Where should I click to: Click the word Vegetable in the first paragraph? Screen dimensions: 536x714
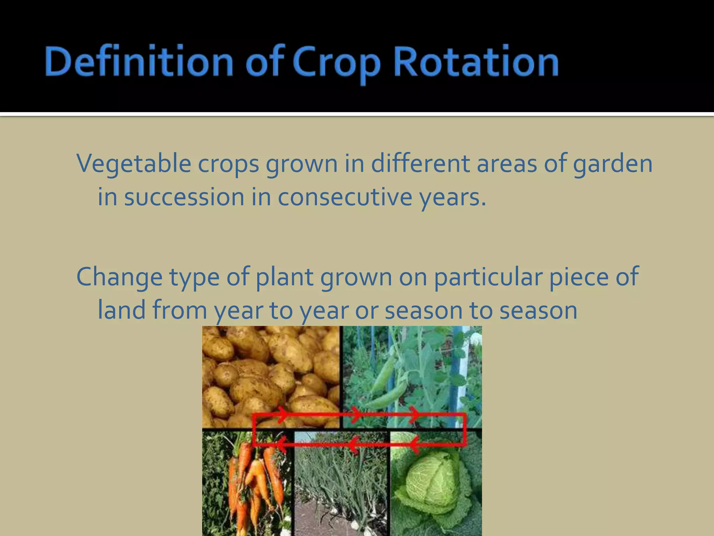[x=134, y=164]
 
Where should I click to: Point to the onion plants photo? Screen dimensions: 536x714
[x=342, y=489]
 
